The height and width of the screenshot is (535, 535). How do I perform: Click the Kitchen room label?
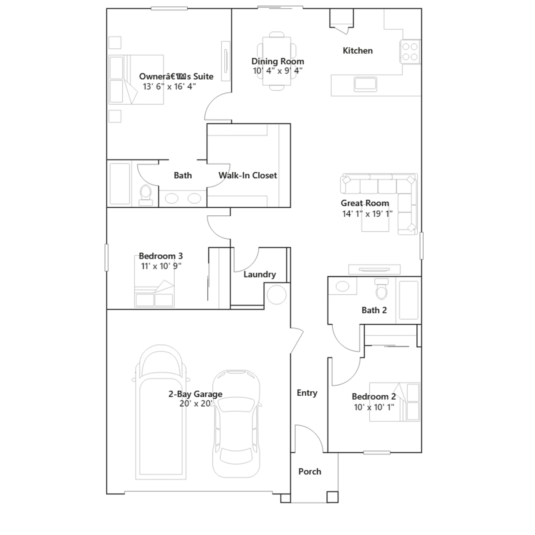(x=357, y=51)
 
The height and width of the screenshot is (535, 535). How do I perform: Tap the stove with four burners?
(x=410, y=51)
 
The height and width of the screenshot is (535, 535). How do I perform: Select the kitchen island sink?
(x=365, y=84)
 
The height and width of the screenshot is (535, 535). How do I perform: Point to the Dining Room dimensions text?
(x=278, y=71)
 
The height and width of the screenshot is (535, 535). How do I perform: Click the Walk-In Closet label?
(x=248, y=176)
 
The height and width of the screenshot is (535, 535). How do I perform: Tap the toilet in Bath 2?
(x=382, y=289)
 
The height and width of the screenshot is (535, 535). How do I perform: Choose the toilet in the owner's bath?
(x=146, y=195)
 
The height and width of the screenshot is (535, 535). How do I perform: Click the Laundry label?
(x=260, y=275)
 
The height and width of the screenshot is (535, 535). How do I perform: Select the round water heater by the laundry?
(x=277, y=295)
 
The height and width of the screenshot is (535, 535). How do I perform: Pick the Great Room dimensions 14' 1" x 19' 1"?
(x=367, y=214)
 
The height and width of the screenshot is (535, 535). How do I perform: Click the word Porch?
(x=310, y=471)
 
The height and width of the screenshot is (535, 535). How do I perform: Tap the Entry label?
(x=307, y=393)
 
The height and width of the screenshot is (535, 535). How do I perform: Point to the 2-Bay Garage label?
(x=195, y=394)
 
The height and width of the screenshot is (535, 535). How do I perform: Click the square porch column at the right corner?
(x=332, y=497)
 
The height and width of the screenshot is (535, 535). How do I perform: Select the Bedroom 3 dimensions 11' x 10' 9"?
(x=161, y=266)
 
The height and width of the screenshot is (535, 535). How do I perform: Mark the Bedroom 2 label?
(x=374, y=397)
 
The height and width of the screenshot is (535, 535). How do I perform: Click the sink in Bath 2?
(x=342, y=286)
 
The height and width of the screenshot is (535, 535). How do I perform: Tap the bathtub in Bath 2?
(x=409, y=300)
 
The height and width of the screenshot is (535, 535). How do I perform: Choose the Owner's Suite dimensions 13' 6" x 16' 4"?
(x=169, y=87)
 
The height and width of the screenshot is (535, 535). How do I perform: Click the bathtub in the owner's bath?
(x=120, y=184)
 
